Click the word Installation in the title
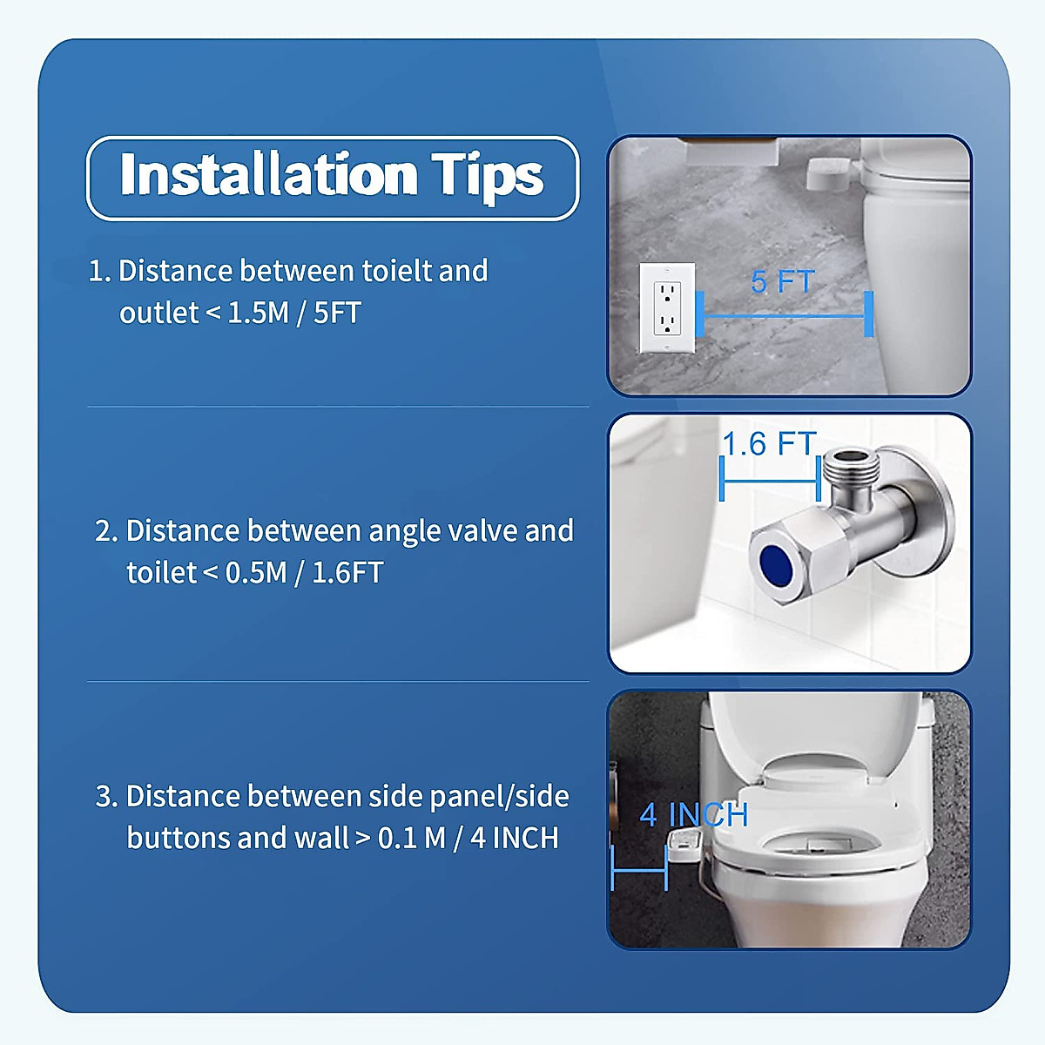click(268, 175)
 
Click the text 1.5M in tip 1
click(258, 313)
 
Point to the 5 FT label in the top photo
click(782, 282)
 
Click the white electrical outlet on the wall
click(667, 308)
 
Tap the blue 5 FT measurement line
click(784, 315)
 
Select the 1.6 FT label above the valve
click(769, 444)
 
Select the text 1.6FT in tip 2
click(347, 573)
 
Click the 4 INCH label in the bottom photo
click(694, 815)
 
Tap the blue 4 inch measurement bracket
click(639, 868)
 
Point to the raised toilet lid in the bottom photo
click(819, 731)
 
